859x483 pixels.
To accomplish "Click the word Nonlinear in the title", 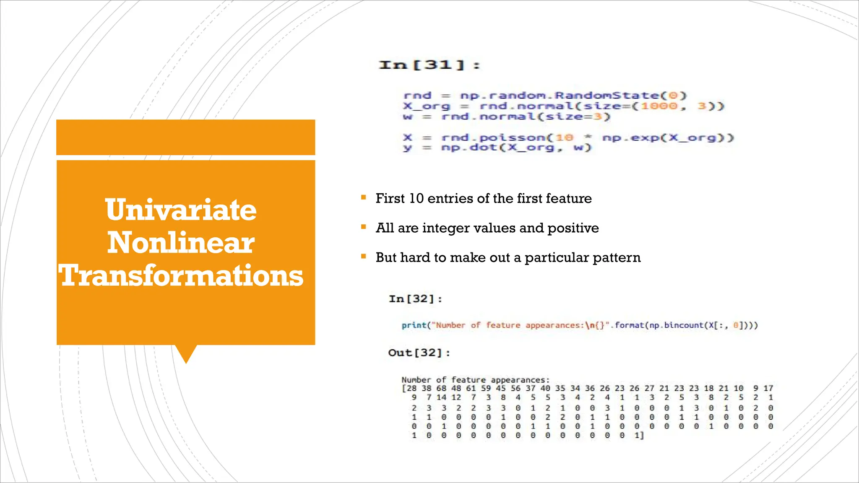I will (180, 243).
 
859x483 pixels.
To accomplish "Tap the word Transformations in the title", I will (180, 276).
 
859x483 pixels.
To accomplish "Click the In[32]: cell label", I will (415, 299).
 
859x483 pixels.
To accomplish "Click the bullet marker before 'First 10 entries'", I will (363, 197).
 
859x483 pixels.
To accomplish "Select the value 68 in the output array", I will (441, 388).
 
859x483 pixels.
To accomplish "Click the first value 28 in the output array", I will (411, 388).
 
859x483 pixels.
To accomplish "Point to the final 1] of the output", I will (639, 436).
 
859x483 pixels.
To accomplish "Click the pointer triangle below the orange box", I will (186, 353).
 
